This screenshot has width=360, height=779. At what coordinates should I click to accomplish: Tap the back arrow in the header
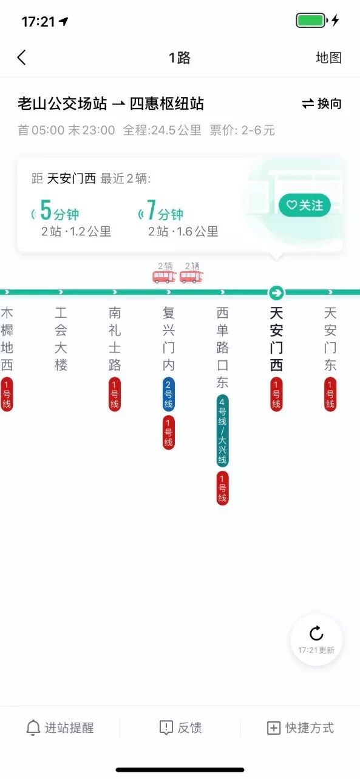22,58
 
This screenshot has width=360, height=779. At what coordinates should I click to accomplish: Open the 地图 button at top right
328,58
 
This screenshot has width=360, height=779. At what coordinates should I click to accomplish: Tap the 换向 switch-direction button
322,104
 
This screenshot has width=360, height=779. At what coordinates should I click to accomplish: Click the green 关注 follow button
305,205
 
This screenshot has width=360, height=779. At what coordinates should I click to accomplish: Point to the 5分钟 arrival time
59,212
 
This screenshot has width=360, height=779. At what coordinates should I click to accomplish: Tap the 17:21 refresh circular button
316,639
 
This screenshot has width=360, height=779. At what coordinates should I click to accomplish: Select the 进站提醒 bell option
60,728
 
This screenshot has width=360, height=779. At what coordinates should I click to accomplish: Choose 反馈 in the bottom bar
180,728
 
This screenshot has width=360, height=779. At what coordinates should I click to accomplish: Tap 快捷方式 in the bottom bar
301,728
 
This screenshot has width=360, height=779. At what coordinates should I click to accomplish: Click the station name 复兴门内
169,339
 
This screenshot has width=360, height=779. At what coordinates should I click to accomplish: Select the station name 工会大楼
61,339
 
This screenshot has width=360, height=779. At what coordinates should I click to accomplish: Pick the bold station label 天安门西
277,339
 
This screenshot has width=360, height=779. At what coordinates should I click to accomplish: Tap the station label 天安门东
330,339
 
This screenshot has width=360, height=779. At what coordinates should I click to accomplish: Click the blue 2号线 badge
169,394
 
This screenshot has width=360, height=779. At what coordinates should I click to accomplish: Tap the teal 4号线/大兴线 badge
223,431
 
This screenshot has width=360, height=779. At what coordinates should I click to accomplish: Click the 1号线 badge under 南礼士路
115,394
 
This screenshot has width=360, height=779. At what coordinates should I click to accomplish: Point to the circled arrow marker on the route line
277,293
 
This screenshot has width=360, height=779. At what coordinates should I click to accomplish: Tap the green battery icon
311,21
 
